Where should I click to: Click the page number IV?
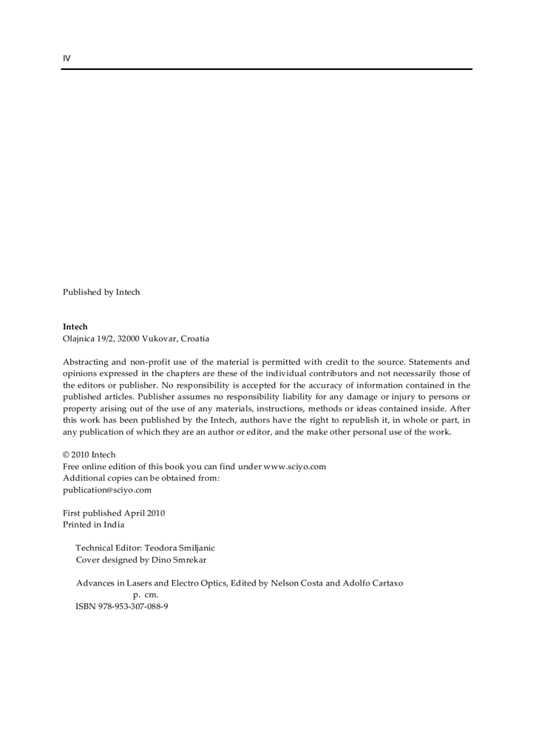[x=67, y=58]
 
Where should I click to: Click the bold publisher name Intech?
[x=75, y=327]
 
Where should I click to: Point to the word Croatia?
[x=195, y=339]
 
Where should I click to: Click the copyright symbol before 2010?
[x=66, y=455]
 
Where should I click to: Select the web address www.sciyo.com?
[x=295, y=467]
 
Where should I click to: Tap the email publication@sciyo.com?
[x=107, y=490]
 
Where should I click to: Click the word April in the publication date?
[x=135, y=513]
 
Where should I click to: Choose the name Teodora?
[x=161, y=548]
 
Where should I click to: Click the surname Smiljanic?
[x=197, y=548]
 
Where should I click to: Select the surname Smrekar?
[x=189, y=560]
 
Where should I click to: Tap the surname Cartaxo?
[x=385, y=583]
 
